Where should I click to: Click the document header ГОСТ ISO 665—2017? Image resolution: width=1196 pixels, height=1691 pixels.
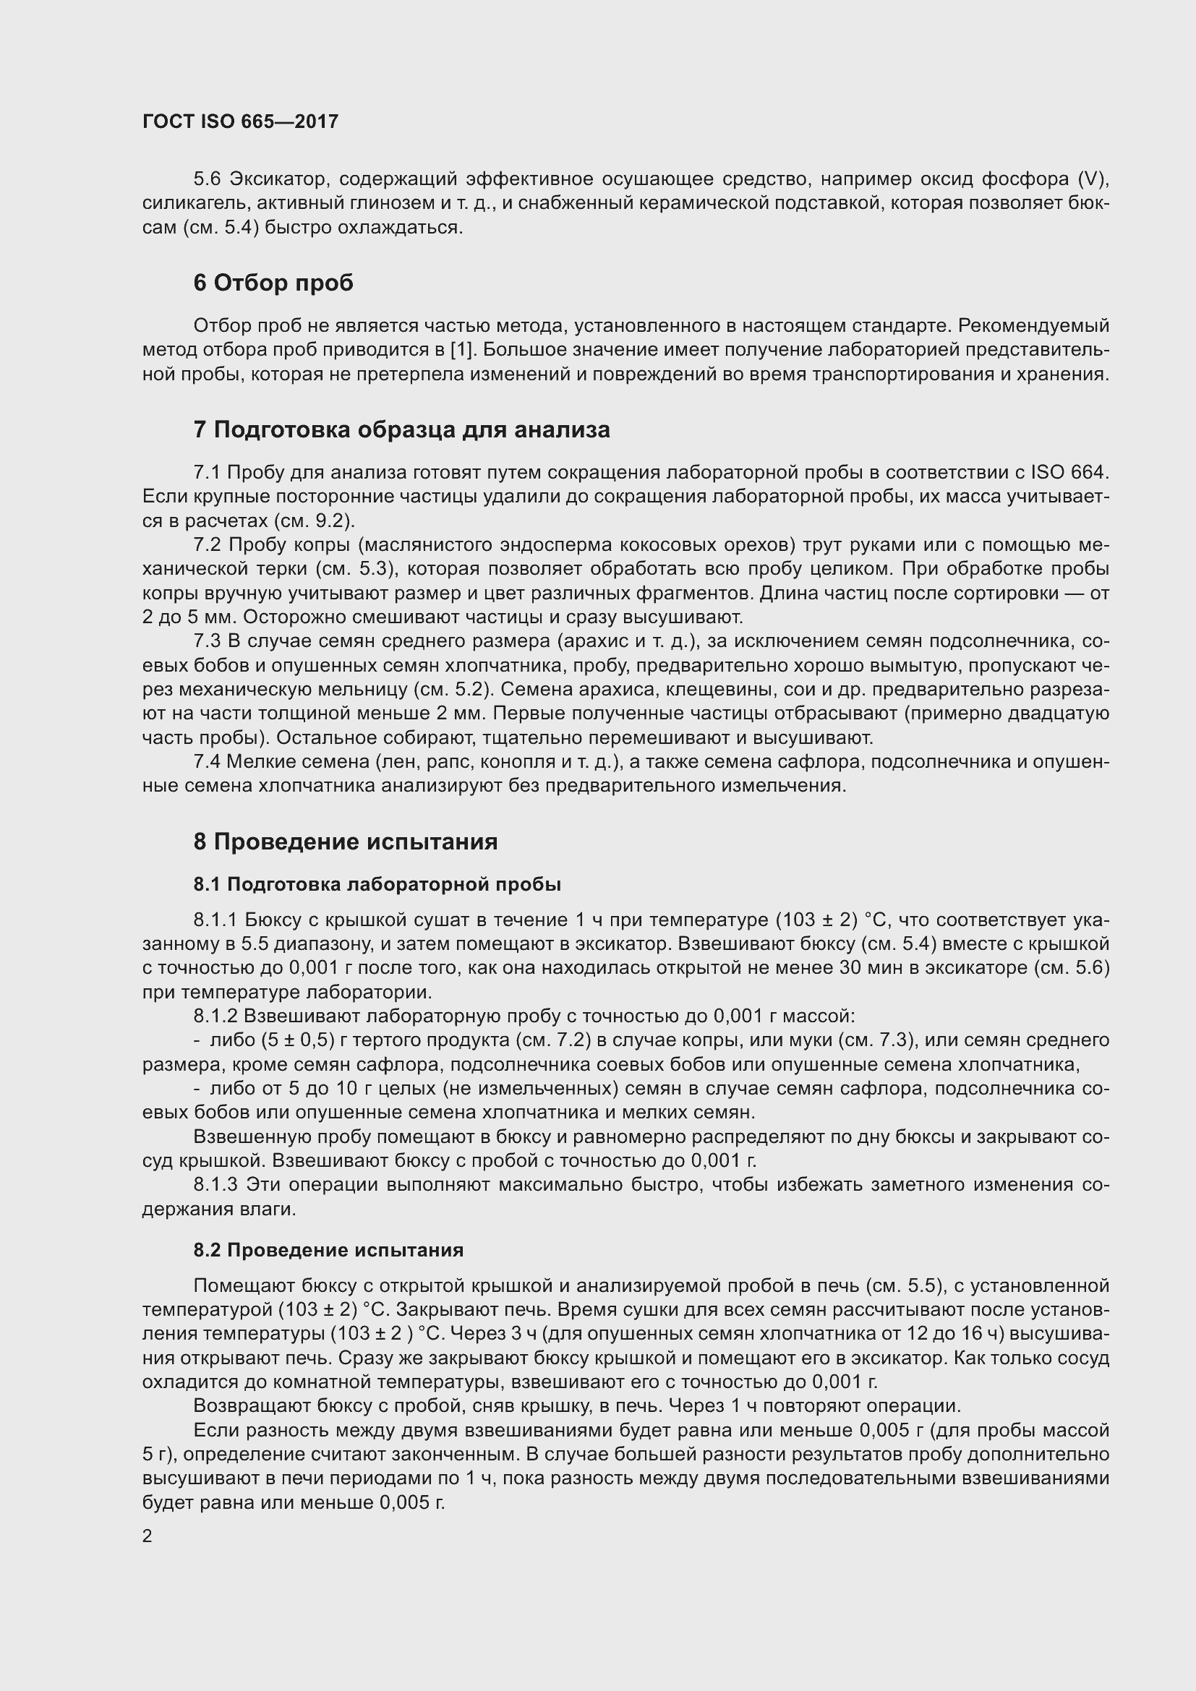(240, 121)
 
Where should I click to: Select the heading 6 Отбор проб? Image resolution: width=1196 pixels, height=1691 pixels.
(273, 283)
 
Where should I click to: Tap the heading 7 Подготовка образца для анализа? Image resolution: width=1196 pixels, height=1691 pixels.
(401, 429)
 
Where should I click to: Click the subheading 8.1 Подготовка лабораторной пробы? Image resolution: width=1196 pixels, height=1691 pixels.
(377, 884)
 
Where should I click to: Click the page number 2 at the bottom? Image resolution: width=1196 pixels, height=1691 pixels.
(148, 1536)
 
